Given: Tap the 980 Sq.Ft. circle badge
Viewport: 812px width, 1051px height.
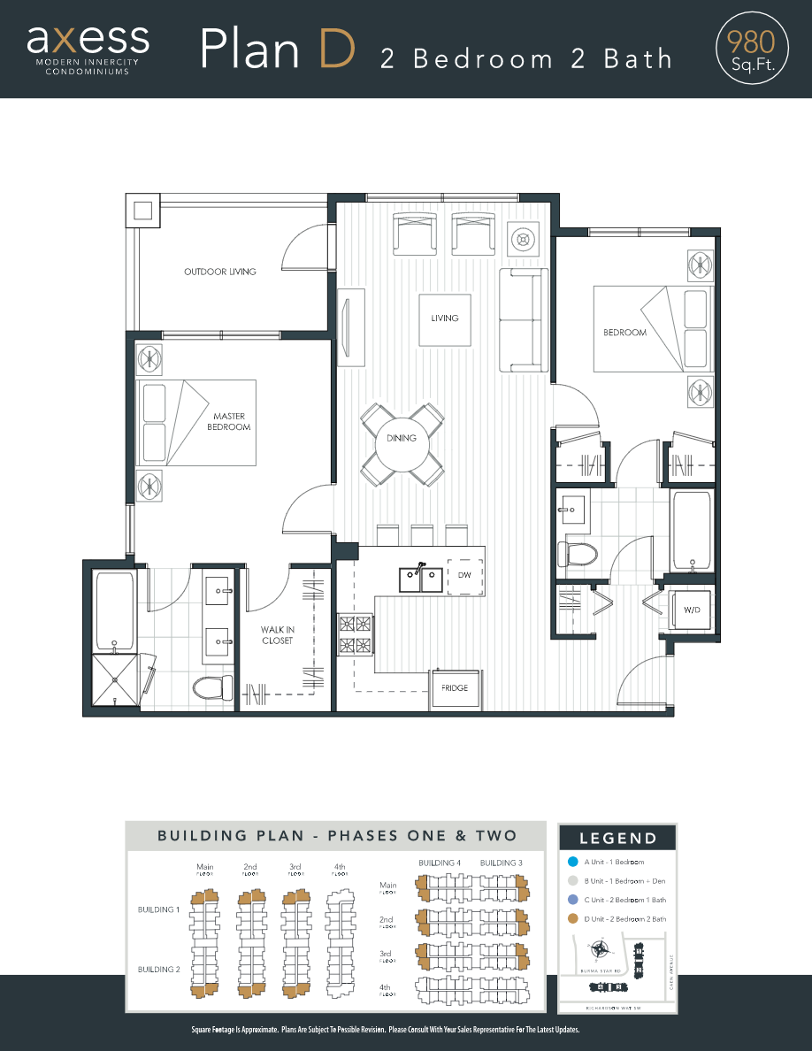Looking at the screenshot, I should (751, 48).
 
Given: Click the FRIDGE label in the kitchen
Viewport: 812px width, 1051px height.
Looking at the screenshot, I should (455, 687).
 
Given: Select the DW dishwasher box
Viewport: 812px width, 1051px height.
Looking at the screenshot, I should (464, 575).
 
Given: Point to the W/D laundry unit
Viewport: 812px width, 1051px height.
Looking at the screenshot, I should (691, 609).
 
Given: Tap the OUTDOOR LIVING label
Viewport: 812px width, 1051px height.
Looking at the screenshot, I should (219, 272).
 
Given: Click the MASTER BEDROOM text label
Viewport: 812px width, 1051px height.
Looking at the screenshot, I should (229, 421).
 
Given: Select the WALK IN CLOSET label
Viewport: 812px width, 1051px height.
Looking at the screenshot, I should (277, 635).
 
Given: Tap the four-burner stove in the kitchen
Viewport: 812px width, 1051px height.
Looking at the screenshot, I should (356, 634).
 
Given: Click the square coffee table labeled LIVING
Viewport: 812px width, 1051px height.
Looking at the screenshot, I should (445, 318).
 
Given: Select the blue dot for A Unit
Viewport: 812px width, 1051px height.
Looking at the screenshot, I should (572, 862).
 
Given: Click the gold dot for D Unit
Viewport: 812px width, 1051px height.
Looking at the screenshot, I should (572, 919).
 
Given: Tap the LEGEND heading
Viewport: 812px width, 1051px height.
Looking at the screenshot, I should (618, 839).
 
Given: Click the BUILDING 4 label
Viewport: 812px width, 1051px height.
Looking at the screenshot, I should (440, 863).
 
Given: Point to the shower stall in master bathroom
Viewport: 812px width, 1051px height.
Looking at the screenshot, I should (115, 679).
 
